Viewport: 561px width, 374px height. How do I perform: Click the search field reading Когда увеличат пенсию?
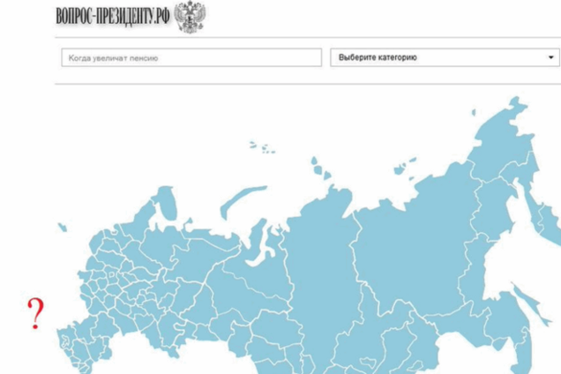click(x=191, y=57)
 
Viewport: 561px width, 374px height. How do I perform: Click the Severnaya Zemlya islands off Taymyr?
click(x=315, y=168)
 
